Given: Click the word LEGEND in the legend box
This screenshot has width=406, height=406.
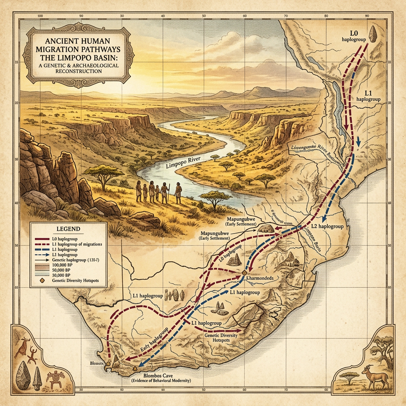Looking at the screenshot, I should (x=69, y=229).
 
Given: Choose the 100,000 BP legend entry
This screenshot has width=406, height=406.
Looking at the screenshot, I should (x=61, y=264).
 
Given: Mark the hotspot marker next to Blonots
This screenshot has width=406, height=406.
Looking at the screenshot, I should (x=108, y=364).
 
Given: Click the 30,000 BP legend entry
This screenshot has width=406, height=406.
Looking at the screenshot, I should (x=61, y=275).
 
